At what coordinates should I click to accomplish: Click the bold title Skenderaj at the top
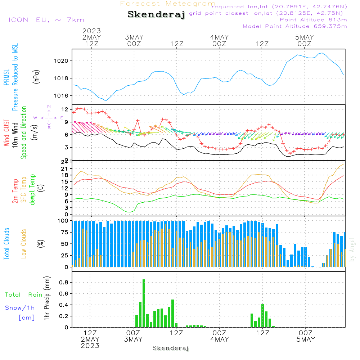click(x=156, y=15)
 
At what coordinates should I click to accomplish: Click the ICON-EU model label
click(x=46, y=20)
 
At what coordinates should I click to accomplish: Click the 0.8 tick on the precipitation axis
click(x=63, y=283)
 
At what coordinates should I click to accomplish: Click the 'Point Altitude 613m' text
click(x=313, y=20)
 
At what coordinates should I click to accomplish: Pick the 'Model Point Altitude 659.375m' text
click(x=295, y=26)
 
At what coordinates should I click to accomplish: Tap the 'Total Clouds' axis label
click(x=7, y=244)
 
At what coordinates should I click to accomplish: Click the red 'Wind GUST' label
click(x=7, y=133)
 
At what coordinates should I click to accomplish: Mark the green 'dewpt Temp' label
click(x=32, y=190)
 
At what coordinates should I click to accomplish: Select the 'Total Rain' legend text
click(x=23, y=295)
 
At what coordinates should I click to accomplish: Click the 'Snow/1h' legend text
click(x=20, y=308)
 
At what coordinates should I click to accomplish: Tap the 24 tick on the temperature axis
click(x=65, y=162)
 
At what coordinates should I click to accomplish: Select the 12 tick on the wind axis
click(x=65, y=109)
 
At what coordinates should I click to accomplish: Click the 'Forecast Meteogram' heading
click(x=168, y=4)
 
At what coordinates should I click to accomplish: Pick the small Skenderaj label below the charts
click(x=171, y=348)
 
